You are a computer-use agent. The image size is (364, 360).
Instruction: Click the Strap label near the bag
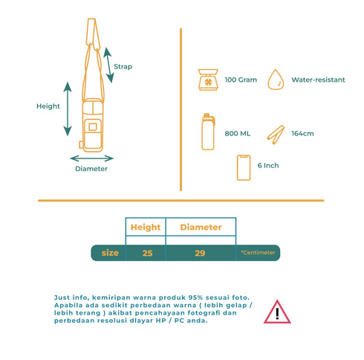coord(123,67)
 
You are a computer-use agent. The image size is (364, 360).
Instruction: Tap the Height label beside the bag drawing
coord(48,106)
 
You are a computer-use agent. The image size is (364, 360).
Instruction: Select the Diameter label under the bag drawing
coord(91,169)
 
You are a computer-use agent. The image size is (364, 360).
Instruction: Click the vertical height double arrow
coord(68,109)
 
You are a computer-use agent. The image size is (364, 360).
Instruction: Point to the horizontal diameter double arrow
coord(91,158)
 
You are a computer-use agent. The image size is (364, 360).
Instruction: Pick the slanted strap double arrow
coord(108,65)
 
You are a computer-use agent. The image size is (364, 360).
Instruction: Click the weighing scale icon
coord(208,80)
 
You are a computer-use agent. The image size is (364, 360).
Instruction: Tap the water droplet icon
coord(276,80)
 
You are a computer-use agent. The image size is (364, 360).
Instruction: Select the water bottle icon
coord(208,132)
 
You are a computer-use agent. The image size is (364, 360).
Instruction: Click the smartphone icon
coord(244,167)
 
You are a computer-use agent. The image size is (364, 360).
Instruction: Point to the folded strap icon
coord(276,135)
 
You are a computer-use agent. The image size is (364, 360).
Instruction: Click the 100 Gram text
coord(241,80)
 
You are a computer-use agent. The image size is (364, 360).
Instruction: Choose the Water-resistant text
coord(318,80)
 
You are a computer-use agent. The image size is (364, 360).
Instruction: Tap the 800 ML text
coord(238,134)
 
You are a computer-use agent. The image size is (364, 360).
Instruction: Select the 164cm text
coord(302,134)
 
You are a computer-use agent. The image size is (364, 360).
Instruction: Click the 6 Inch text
coord(268,165)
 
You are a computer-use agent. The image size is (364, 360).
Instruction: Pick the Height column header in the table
coord(146,227)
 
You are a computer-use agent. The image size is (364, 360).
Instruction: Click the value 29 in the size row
coord(200,253)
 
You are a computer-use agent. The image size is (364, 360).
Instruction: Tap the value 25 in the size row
coord(147,253)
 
